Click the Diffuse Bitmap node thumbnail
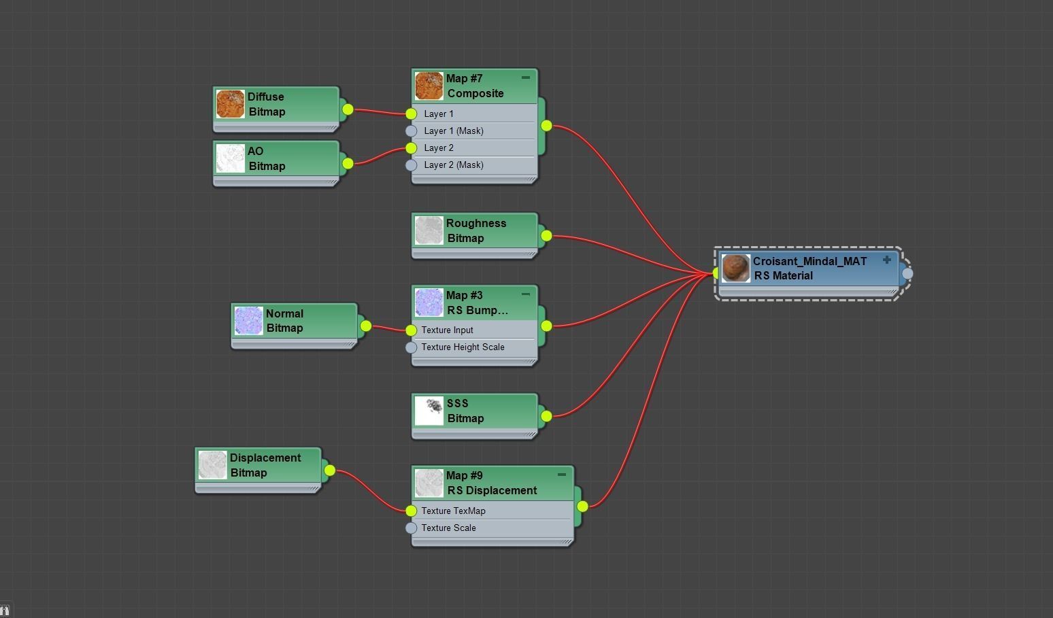click(x=230, y=104)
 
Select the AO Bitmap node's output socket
click(x=348, y=163)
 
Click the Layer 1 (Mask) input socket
click(x=411, y=131)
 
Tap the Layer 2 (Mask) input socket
click(x=411, y=165)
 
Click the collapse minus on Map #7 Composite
click(x=525, y=78)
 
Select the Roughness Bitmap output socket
click(x=546, y=235)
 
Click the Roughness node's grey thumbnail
click(x=429, y=230)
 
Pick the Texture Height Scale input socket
click(x=411, y=347)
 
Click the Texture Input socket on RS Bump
click(x=411, y=330)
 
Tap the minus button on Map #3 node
click(x=525, y=294)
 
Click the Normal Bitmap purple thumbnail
click(x=248, y=321)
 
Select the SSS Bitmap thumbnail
click(x=429, y=411)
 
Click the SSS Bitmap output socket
click(x=546, y=415)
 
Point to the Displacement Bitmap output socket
click(x=329, y=470)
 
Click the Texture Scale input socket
click(x=411, y=528)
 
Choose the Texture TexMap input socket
click(x=411, y=511)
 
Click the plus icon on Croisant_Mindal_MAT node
click(x=886, y=260)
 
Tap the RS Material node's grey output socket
click(x=907, y=273)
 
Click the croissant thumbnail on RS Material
click(x=735, y=268)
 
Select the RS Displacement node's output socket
click(x=582, y=506)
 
